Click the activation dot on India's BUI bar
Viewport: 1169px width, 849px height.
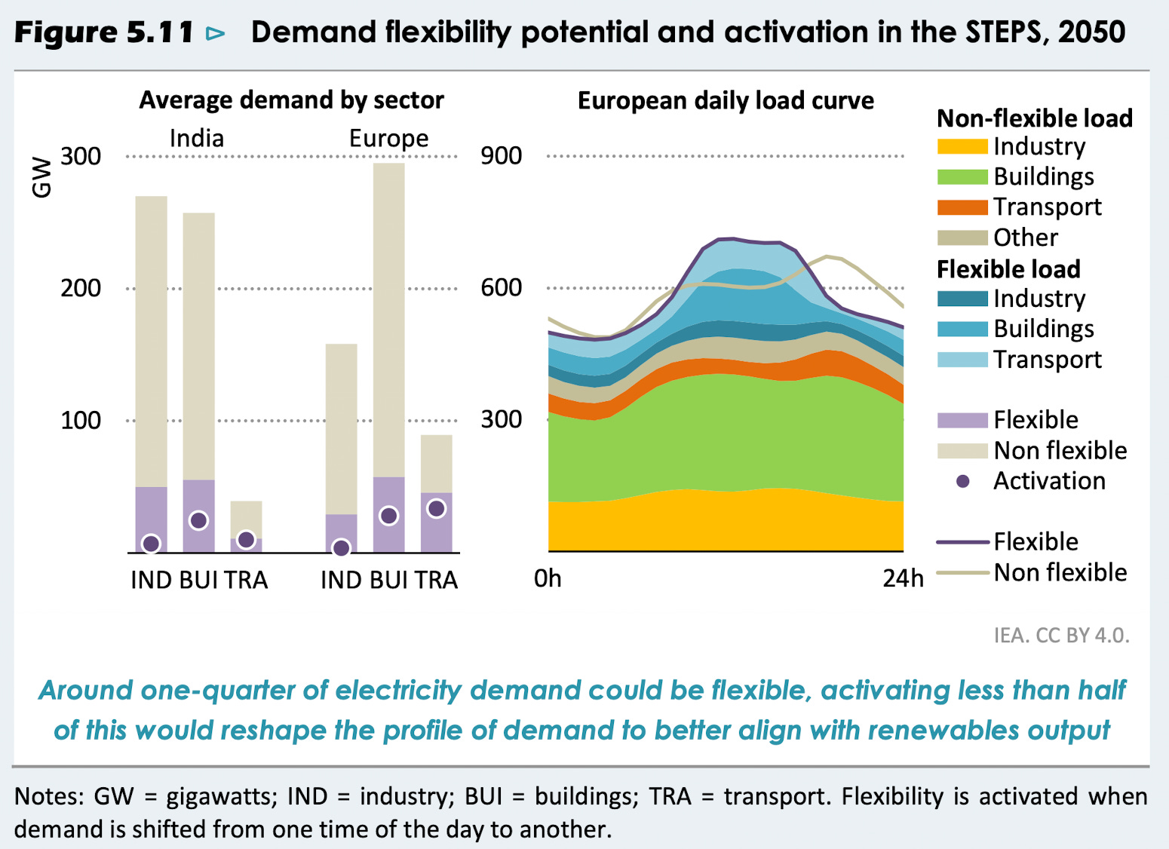198,520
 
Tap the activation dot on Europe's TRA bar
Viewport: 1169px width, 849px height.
436,509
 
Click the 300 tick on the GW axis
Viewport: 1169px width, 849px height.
81,157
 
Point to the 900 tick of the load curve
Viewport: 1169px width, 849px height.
502,156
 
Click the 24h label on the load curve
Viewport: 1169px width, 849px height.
903,579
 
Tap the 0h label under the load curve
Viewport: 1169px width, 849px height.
548,579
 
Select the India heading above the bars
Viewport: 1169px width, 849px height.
197,139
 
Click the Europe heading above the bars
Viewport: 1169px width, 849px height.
388,139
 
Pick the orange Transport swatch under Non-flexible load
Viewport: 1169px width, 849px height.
962,207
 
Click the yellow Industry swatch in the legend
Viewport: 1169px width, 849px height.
962,146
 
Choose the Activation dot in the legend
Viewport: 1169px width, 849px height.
962,481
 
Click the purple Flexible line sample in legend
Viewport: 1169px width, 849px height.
962,542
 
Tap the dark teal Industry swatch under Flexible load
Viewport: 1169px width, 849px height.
962,299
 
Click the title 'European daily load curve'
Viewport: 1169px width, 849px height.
726,101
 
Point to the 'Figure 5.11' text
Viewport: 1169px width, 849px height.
104,32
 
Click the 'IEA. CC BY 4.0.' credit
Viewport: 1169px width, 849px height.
1061,636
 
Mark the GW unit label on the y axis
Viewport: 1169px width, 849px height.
41,178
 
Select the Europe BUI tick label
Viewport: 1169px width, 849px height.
388,580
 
